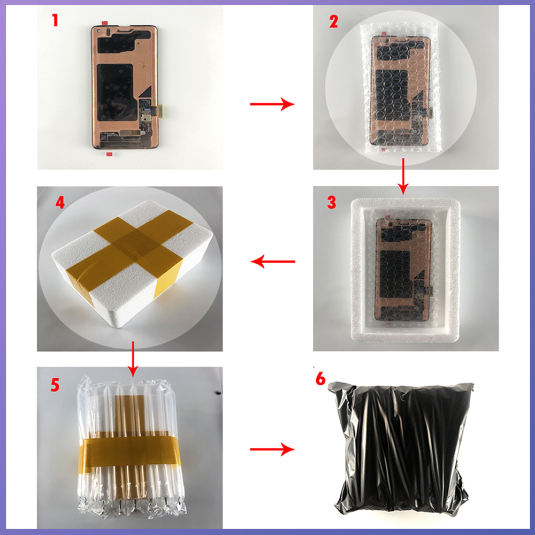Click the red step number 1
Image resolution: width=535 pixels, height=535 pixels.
(55, 20)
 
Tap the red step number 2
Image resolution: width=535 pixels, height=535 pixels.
(333, 21)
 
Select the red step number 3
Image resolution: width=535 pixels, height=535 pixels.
(331, 202)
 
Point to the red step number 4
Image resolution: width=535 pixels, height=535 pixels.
(60, 202)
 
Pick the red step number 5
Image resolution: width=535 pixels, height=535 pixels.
(55, 385)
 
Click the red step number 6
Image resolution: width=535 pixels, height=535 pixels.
(320, 379)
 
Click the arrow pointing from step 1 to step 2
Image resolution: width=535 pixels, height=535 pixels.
(272, 104)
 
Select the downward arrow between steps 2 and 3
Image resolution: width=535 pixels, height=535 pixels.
(403, 176)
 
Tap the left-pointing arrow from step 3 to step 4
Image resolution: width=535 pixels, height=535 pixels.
(273, 262)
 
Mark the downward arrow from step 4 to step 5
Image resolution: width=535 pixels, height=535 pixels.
(133, 358)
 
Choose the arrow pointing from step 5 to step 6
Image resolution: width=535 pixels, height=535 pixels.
(272, 449)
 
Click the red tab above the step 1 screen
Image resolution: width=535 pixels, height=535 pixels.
(105, 23)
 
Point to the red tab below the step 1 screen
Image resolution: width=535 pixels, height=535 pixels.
(110, 154)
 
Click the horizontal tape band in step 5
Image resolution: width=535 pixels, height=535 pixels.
(129, 453)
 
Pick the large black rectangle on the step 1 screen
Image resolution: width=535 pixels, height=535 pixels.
(115, 93)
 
